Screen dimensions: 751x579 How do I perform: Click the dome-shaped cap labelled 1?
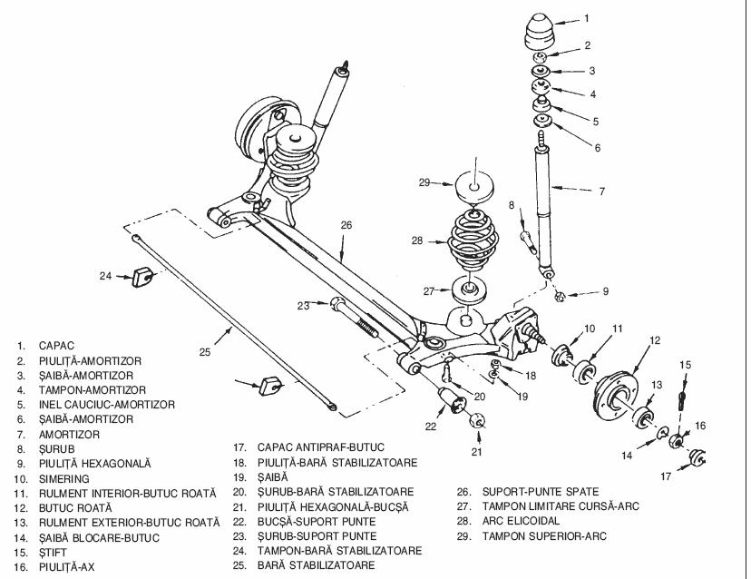click(540, 32)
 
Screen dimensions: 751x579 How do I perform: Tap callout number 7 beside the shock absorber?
click(602, 191)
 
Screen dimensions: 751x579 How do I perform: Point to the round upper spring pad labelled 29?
click(474, 187)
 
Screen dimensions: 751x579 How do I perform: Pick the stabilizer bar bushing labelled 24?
click(142, 275)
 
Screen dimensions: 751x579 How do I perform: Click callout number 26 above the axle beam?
click(346, 225)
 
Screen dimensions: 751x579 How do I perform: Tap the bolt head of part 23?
click(337, 304)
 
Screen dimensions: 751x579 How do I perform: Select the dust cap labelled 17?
click(697, 456)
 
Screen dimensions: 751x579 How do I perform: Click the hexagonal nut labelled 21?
click(477, 420)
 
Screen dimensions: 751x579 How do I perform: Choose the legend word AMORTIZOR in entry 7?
click(70, 434)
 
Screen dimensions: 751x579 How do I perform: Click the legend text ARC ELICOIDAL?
click(521, 521)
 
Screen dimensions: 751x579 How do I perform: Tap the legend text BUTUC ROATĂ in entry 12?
click(75, 507)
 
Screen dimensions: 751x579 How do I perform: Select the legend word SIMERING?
click(64, 478)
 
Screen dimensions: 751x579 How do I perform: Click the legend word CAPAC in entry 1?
click(56, 346)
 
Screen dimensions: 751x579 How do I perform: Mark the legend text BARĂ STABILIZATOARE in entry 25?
click(317, 565)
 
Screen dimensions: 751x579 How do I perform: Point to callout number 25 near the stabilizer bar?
click(204, 352)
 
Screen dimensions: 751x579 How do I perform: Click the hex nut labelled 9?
click(560, 297)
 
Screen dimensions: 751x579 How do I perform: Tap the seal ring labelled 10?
click(561, 356)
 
